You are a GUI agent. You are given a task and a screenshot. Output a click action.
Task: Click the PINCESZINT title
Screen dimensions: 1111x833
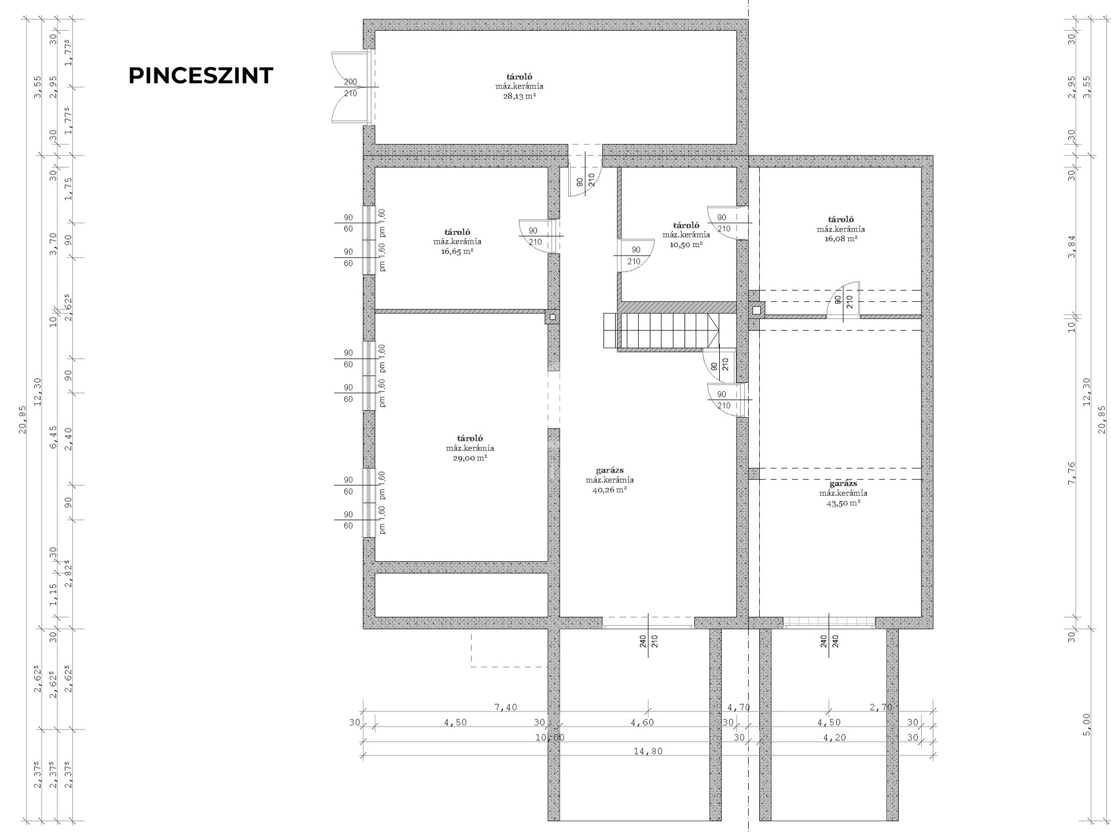click(x=200, y=76)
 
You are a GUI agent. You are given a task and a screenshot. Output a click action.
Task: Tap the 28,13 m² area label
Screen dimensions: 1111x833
click(x=519, y=97)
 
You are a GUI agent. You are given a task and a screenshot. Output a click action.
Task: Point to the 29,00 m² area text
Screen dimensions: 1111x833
click(x=470, y=458)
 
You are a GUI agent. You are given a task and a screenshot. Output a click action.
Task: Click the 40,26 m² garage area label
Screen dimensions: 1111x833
click(x=610, y=489)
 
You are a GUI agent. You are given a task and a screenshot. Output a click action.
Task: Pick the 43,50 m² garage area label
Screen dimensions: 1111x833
click(x=843, y=503)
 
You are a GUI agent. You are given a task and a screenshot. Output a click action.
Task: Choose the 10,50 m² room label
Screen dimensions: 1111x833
click(x=686, y=245)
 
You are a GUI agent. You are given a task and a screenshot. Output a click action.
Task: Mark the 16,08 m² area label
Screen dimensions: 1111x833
click(x=841, y=238)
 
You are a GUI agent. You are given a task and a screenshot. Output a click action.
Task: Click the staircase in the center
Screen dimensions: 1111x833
click(x=661, y=331)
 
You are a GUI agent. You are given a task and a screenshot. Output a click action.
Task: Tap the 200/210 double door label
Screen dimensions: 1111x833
click(x=351, y=87)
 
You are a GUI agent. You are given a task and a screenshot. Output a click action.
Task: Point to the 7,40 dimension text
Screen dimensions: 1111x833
click(x=506, y=707)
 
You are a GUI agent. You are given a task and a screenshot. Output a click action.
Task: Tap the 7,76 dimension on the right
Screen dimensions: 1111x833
click(x=1071, y=473)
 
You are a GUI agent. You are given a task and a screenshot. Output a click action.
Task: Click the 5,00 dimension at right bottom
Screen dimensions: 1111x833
click(x=1086, y=724)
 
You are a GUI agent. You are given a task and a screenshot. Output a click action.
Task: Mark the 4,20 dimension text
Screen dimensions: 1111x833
click(x=829, y=738)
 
